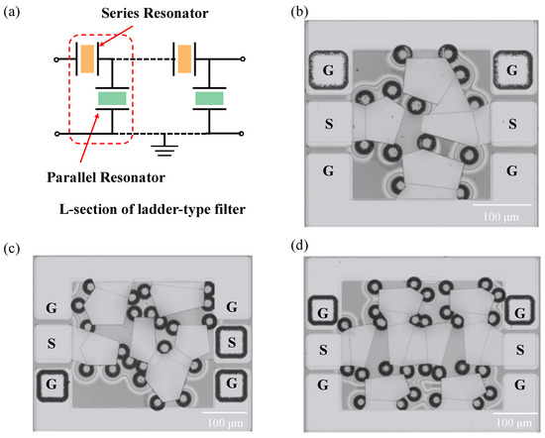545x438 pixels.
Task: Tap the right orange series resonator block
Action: click(x=184, y=58)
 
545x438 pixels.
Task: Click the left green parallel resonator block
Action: click(x=111, y=99)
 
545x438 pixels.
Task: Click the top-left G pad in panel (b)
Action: click(x=327, y=70)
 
